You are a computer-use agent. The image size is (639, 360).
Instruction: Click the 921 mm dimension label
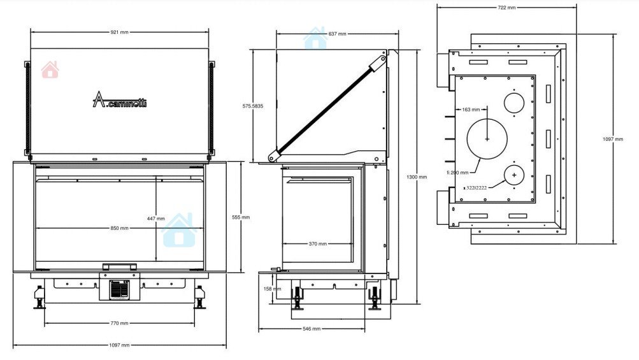click(x=119, y=32)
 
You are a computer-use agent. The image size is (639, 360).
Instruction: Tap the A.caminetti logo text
click(x=120, y=99)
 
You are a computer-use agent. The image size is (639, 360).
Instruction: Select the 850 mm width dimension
click(x=119, y=228)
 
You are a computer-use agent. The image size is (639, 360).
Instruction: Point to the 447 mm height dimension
click(x=156, y=219)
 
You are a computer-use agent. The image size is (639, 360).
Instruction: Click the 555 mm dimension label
click(x=241, y=217)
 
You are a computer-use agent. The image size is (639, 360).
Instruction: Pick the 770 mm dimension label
click(x=119, y=323)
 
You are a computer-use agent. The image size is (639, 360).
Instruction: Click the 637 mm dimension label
click(x=337, y=34)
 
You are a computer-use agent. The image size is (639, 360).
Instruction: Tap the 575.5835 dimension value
click(x=253, y=106)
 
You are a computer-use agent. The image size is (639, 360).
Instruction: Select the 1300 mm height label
click(x=417, y=177)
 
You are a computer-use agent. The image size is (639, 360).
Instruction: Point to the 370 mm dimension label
click(x=317, y=244)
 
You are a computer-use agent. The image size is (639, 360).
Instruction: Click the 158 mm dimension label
click(x=272, y=289)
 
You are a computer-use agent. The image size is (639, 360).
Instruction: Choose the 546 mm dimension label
click(x=312, y=329)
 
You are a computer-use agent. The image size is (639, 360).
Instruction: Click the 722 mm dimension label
click(x=506, y=8)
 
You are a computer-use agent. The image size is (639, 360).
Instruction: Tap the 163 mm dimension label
click(x=471, y=110)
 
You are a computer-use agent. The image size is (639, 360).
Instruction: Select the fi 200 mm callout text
click(x=457, y=173)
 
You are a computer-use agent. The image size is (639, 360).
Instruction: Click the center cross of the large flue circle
click(x=487, y=139)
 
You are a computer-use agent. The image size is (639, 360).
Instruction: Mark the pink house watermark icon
click(x=50, y=69)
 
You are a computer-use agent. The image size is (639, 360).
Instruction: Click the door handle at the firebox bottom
click(x=119, y=266)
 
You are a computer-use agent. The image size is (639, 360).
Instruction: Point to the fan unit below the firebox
click(x=120, y=290)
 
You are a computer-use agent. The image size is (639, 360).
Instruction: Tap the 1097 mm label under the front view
click(x=119, y=345)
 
